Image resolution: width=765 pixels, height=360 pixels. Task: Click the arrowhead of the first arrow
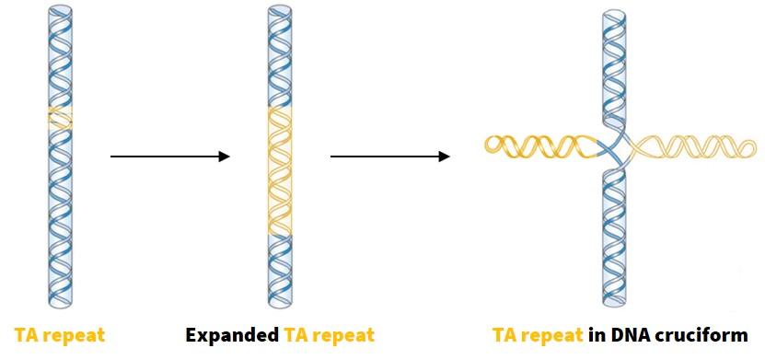[x=224, y=157]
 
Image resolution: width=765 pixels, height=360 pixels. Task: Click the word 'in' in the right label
[x=596, y=334]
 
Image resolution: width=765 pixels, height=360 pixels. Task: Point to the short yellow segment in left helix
[x=60, y=118]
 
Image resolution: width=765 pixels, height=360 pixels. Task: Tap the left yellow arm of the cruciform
[x=539, y=145]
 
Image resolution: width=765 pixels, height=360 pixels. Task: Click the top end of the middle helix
[x=281, y=10]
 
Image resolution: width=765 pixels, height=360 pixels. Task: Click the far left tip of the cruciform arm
[x=487, y=142]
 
